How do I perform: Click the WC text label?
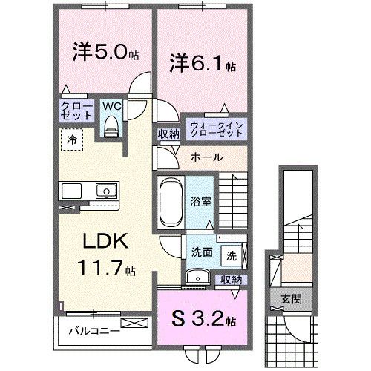pyautogui.click(x=111, y=106)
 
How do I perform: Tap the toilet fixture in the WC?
pyautogui.click(x=111, y=128)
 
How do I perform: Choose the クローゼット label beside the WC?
pyautogui.click(x=76, y=112)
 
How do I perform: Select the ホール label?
pyautogui.click(x=204, y=157)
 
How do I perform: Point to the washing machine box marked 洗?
pyautogui.click(x=231, y=255)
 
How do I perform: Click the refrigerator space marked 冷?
pyautogui.click(x=72, y=139)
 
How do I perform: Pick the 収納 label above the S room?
pyautogui.click(x=230, y=279)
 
